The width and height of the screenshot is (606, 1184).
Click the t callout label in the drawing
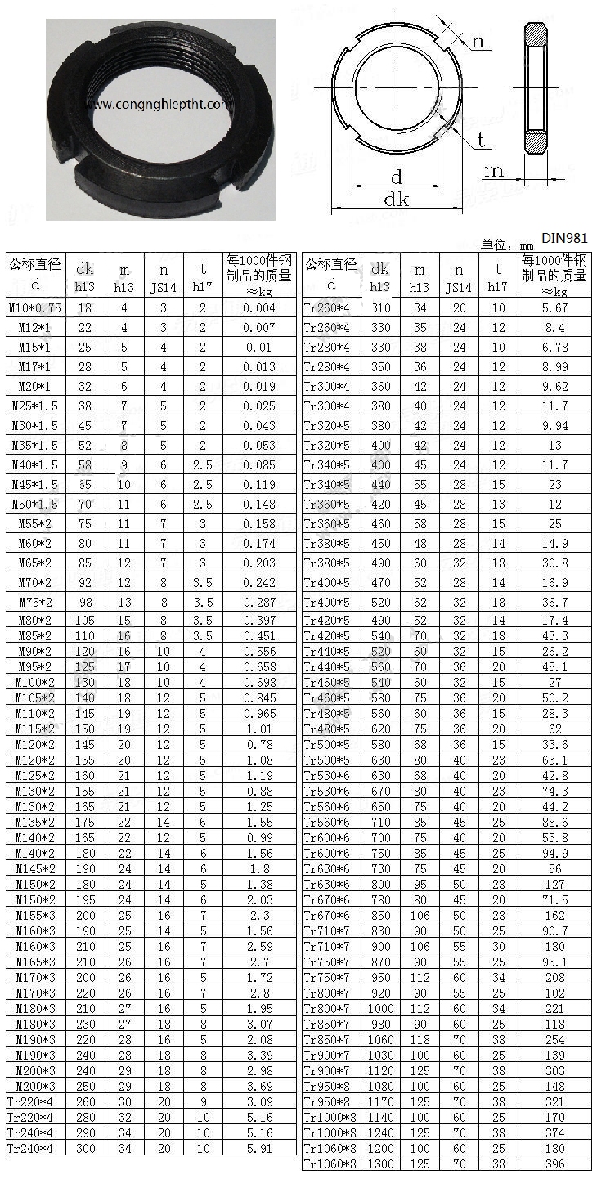coord(481,141)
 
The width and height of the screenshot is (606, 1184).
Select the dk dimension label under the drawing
coord(396,199)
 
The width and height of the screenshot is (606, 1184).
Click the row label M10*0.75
coord(35,308)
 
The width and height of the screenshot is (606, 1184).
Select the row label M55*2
coord(35,524)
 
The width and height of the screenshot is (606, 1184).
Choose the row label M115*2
coord(35,729)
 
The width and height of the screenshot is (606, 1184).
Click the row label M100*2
coord(35,682)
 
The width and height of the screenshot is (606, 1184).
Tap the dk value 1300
coord(380,1164)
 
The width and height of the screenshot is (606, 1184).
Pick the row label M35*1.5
coord(35,446)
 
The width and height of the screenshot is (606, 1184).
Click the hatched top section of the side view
coord(536,37)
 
